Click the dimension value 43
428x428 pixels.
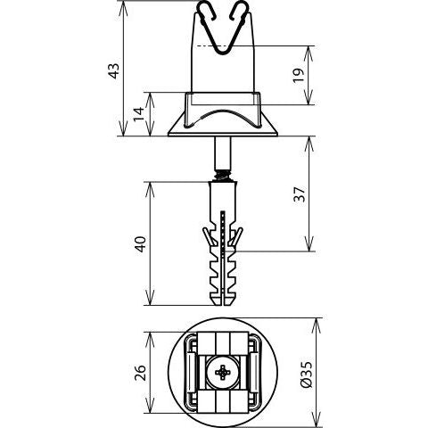point(114,71)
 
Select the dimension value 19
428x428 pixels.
point(299,76)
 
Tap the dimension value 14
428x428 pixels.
point(138,113)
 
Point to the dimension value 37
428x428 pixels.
point(300,194)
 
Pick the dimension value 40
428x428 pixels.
point(140,244)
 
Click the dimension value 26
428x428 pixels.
point(140,373)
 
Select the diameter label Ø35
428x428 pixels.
point(307,374)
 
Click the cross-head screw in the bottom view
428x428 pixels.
point(223,373)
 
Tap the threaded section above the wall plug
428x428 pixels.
point(223,175)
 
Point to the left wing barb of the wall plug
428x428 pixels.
point(208,236)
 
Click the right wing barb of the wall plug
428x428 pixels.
point(237,236)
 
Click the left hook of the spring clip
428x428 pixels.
point(207,10)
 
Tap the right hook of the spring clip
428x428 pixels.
point(240,10)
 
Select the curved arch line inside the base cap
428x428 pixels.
point(223,114)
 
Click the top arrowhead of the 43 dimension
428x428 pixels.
point(123,8)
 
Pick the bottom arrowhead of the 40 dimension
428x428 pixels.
point(151,298)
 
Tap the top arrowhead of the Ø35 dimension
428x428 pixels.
point(316,325)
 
